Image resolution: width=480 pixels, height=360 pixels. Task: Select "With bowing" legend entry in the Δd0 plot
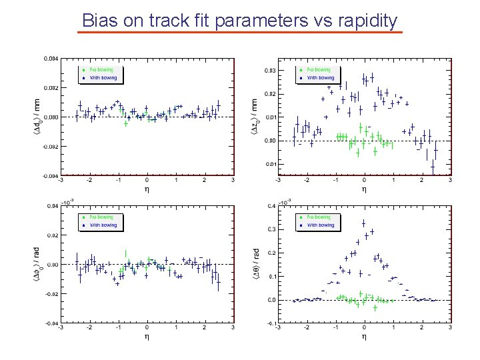tap(103, 78)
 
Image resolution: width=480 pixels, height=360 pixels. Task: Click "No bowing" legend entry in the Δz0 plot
tap(319, 69)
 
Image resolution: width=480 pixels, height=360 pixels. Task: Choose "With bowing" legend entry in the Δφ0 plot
tap(103, 225)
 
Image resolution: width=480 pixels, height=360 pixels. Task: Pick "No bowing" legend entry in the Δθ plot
tap(319, 217)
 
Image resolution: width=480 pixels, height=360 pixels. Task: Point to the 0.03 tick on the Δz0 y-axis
tap(271, 71)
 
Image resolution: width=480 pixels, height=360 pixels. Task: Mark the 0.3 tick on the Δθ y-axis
tap(271, 229)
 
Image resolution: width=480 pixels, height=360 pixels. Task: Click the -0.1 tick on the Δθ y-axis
tap(271, 323)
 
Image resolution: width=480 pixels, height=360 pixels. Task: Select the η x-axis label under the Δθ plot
tap(364, 336)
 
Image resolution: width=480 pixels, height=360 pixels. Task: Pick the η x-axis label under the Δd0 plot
tap(147, 189)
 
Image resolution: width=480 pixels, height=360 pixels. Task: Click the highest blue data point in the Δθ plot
tap(363, 223)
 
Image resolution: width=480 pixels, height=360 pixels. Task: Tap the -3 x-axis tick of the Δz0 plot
tap(277, 180)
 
